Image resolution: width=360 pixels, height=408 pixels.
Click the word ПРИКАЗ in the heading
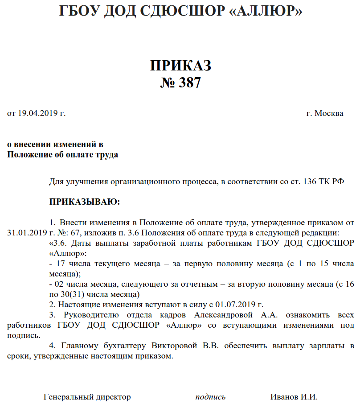tap(180, 66)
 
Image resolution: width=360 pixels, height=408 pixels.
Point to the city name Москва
tap(329, 113)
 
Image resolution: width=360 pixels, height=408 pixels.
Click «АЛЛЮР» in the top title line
tap(266, 11)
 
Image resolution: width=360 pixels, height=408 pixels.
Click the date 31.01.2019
tap(25, 233)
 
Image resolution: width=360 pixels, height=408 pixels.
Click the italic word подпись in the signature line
tap(210, 397)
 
